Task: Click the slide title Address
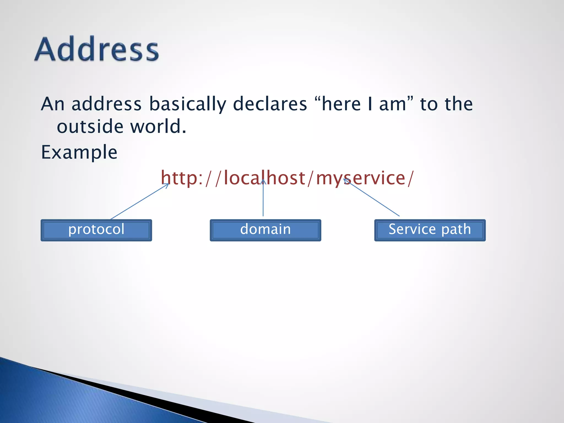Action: click(97, 49)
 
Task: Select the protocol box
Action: click(96, 230)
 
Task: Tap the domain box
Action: click(265, 230)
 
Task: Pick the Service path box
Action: click(430, 230)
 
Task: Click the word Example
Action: click(79, 152)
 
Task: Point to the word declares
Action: click(270, 104)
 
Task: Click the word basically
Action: click(188, 104)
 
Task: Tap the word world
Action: click(158, 127)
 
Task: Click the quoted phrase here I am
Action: click(364, 104)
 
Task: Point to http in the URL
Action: click(179, 178)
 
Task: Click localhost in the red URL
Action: click(264, 178)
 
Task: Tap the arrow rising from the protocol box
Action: click(139, 201)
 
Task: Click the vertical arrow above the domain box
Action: click(263, 198)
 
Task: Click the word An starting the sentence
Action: click(53, 104)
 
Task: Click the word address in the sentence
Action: click(107, 104)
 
